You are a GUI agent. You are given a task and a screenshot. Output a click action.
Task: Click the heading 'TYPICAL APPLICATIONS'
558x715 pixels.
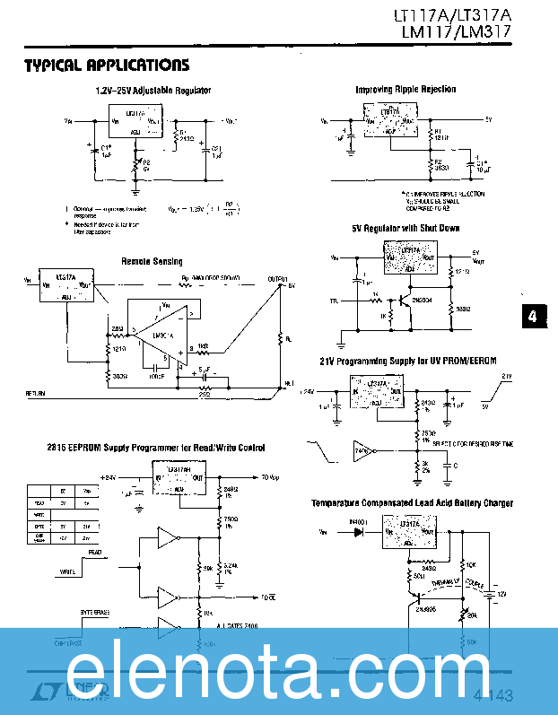pos(106,65)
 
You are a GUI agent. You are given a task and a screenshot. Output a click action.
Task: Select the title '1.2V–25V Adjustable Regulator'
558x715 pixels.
pos(153,91)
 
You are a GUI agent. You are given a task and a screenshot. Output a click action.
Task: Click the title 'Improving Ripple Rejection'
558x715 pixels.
pos(405,90)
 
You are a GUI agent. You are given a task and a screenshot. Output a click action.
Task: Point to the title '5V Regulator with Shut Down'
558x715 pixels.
pos(405,229)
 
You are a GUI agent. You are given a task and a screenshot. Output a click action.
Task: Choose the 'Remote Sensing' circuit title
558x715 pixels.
pos(152,261)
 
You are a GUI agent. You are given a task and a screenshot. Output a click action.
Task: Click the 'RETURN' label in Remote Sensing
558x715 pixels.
pos(36,393)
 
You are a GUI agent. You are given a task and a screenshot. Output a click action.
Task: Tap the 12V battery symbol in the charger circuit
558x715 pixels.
pos(490,593)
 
